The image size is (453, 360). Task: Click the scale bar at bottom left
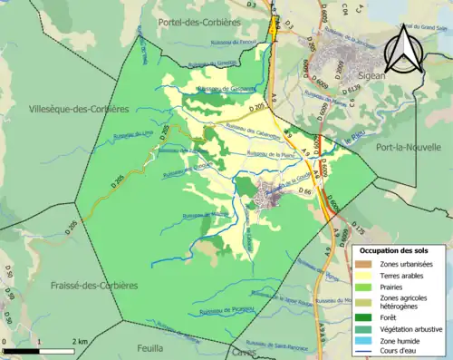click(38, 348)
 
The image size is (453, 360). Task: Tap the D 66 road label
click(305, 192)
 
